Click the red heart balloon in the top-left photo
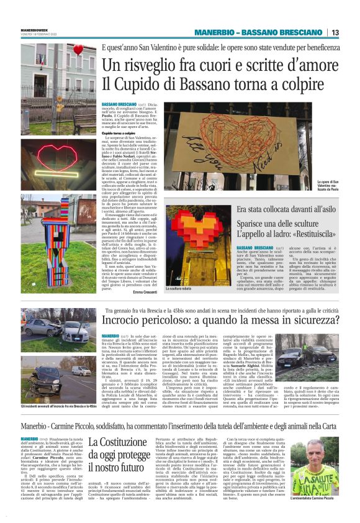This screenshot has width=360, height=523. click(78, 50)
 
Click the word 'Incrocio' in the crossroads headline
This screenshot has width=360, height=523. click(125, 321)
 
